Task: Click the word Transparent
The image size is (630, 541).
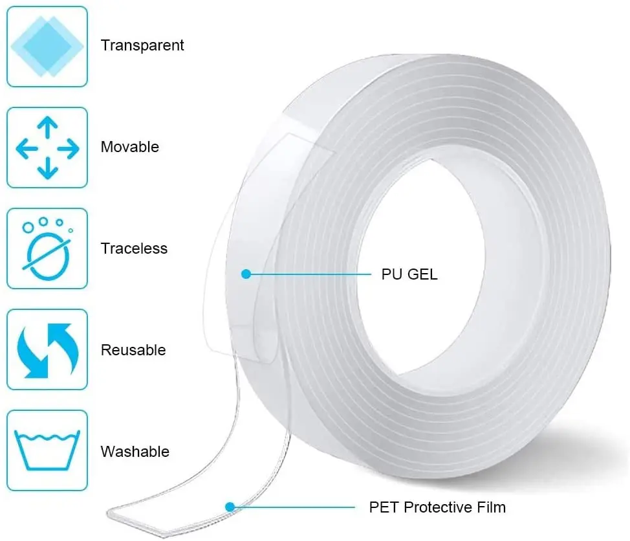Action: point(142,45)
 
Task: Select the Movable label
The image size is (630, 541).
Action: point(129,147)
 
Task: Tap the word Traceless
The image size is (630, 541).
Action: point(134,248)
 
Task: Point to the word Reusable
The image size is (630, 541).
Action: point(133,350)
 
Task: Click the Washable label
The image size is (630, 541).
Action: point(135,452)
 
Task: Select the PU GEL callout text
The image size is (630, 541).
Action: point(409,274)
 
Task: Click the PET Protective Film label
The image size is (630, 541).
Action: point(437,507)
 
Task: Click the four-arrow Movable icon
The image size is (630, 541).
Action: point(47,148)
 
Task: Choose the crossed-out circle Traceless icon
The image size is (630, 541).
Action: point(47,248)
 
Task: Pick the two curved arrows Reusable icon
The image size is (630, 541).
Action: point(47,350)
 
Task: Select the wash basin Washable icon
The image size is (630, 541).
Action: point(47,451)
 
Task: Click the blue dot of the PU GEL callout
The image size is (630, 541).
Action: point(246,274)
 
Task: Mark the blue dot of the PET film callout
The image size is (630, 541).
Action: point(229,507)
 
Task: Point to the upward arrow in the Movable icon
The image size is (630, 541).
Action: point(47,127)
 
